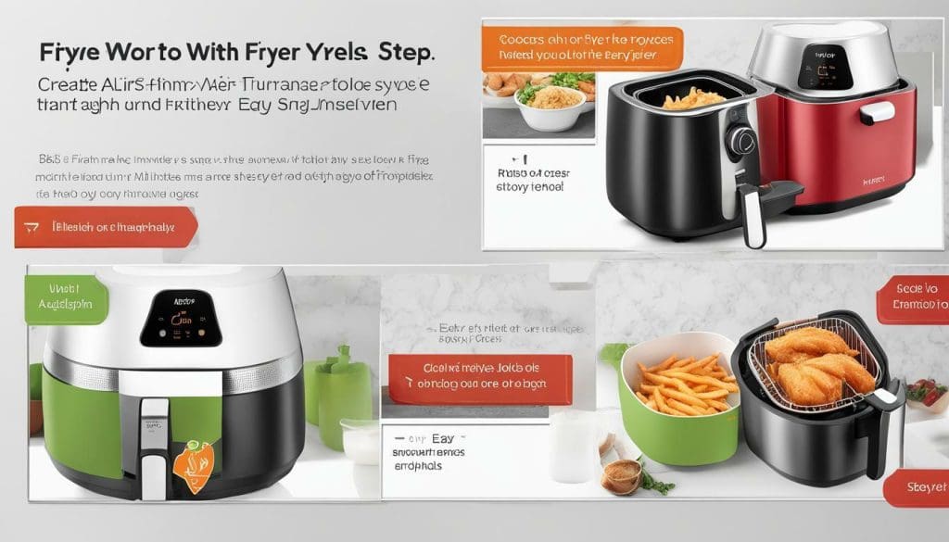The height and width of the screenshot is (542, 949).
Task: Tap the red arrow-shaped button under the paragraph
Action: click(106, 227)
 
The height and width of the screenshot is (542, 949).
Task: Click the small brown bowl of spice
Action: click(622, 476)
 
